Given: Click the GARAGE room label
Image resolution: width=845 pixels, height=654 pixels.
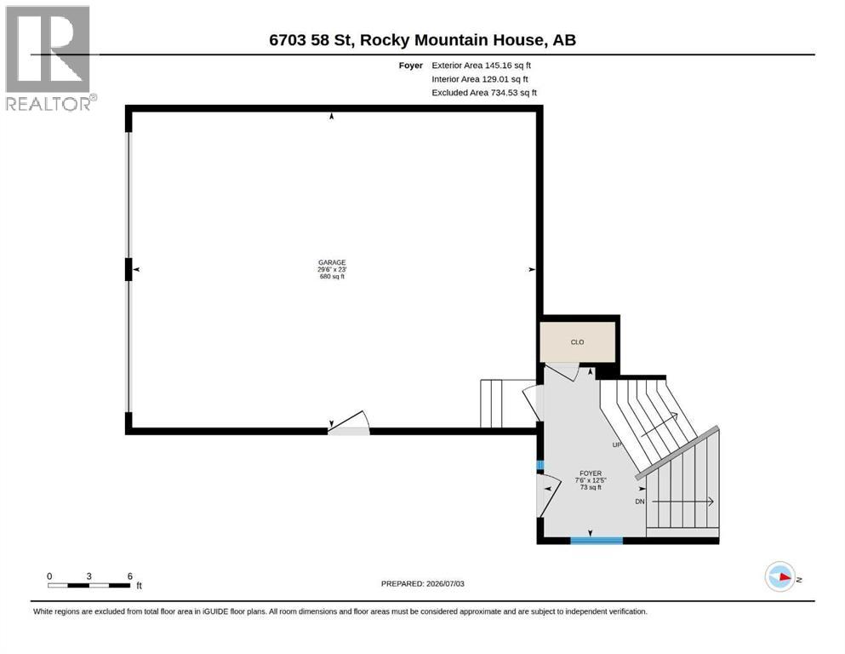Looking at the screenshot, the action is click(332, 262).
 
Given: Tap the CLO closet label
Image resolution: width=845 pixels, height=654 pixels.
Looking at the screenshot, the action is click(577, 341).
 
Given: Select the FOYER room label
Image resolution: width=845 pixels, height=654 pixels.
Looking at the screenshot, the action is click(591, 473).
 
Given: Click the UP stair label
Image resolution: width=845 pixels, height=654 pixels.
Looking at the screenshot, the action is click(617, 445).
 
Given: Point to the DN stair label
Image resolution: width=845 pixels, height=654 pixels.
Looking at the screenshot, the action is click(640, 502).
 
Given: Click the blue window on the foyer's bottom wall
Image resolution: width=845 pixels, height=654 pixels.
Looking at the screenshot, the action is click(597, 540).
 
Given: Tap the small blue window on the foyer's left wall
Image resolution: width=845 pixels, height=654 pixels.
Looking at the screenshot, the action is click(540, 465).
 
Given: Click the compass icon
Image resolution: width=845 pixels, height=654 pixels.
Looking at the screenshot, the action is click(779, 577).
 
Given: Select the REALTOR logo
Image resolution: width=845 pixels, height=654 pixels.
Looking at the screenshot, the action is click(51, 58).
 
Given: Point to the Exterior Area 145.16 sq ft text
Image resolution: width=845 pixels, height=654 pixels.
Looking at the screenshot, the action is click(482, 66).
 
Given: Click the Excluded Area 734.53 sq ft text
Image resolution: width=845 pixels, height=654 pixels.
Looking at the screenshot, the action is click(484, 93).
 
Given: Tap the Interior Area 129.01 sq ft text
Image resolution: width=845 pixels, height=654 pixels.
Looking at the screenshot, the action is click(480, 79).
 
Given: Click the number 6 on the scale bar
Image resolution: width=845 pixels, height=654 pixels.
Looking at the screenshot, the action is click(130, 577).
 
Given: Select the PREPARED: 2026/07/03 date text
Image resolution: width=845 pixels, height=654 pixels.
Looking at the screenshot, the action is click(422, 584).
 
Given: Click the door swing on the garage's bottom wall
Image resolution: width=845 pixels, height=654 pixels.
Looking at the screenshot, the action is click(349, 422).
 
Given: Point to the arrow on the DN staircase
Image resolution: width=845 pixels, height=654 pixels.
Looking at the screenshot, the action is click(682, 502).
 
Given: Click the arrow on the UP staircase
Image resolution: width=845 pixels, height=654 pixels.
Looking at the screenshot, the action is click(659, 425).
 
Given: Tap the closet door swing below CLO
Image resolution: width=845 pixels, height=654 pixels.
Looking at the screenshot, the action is click(562, 372).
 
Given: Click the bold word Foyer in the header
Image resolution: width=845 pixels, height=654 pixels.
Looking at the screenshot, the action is click(411, 66).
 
